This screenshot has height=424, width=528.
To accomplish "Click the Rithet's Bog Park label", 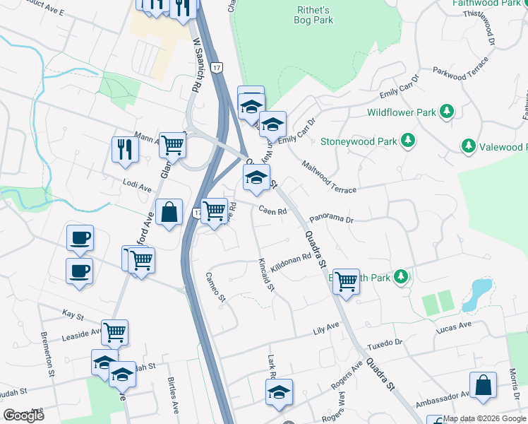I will (x=313, y=14).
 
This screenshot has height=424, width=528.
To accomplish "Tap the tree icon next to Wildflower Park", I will (x=446, y=112).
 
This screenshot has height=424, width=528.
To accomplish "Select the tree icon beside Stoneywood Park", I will (x=407, y=141).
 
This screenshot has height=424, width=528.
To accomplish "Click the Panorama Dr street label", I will (x=331, y=219).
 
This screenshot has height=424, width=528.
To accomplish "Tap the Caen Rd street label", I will (x=272, y=211).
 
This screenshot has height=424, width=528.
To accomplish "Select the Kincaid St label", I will (x=265, y=276).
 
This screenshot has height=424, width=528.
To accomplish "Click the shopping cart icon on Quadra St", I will (x=346, y=281).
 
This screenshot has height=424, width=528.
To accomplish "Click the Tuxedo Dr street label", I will (x=388, y=343).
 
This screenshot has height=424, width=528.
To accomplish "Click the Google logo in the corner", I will (x=23, y=416).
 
